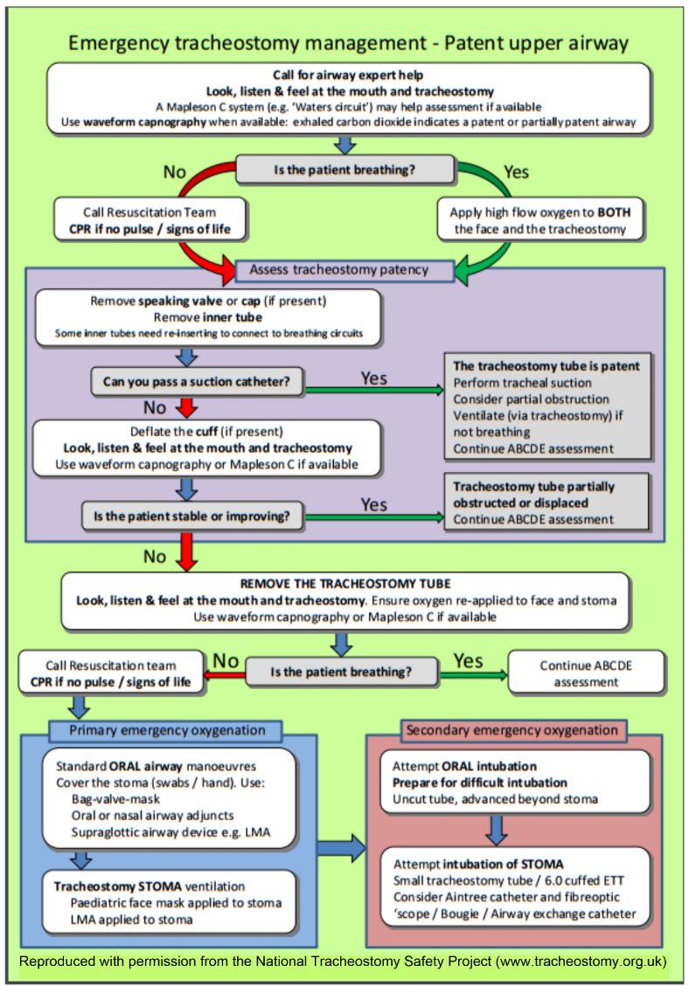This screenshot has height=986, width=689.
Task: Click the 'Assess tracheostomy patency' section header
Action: [x=344, y=269]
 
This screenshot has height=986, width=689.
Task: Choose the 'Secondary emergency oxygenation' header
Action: [x=512, y=730]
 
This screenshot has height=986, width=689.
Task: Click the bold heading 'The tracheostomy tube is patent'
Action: [x=546, y=366]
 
